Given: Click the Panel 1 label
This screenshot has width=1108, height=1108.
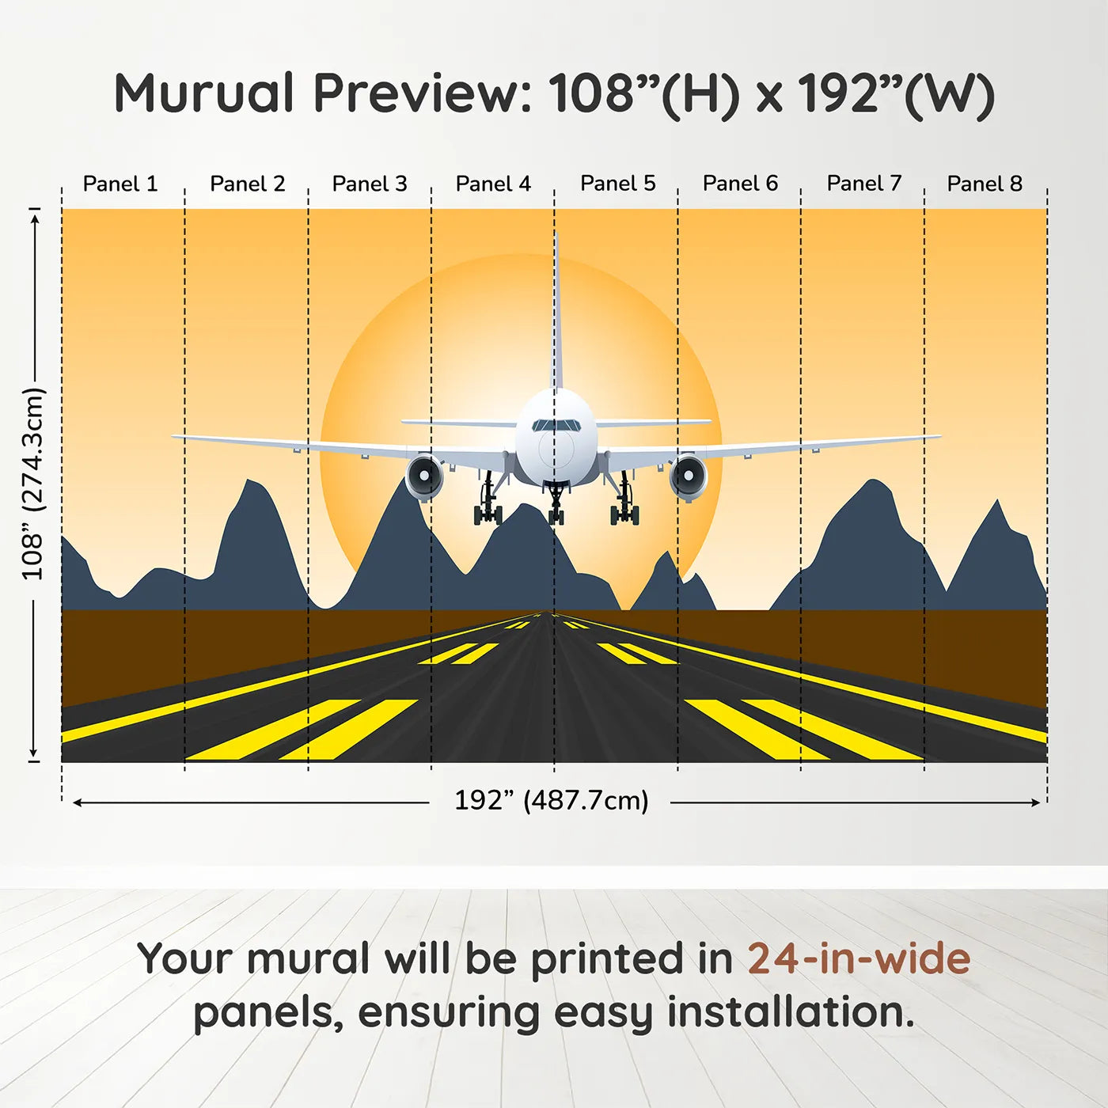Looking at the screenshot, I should (x=120, y=184).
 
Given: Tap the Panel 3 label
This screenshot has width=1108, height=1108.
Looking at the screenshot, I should (x=370, y=184).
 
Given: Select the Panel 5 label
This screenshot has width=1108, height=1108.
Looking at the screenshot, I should (x=618, y=184).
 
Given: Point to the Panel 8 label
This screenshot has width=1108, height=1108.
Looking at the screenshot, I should (x=985, y=184).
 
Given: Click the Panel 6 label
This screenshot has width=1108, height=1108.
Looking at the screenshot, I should (x=741, y=184).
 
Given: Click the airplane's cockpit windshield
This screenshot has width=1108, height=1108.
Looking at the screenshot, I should (x=556, y=426).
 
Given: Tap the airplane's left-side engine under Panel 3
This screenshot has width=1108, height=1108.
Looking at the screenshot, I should (x=425, y=477).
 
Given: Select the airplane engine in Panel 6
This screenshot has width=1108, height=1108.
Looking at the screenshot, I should (x=688, y=477).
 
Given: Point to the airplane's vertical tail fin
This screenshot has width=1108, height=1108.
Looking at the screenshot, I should (x=556, y=317).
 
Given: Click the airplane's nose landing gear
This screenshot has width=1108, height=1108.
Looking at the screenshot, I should (x=556, y=507).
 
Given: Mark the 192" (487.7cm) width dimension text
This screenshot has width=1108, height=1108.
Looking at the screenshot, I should (x=552, y=801).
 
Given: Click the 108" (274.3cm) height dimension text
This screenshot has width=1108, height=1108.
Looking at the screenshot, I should (x=33, y=484).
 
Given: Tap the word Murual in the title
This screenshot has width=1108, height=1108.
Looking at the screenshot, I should (x=204, y=93).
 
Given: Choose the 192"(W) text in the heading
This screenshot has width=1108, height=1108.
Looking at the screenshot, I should (x=895, y=93).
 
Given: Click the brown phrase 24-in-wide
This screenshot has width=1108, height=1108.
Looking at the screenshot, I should (x=859, y=959).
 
